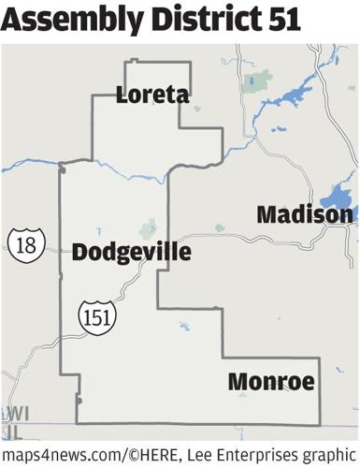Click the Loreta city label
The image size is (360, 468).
(152, 95)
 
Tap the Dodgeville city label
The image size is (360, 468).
(131, 252)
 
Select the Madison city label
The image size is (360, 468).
(305, 214)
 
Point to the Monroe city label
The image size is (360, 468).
(270, 382)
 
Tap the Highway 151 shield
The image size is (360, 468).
(96, 315)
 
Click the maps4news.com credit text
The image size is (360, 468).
(61, 454)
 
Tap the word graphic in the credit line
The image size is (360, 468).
(327, 454)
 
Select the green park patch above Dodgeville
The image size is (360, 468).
(148, 227)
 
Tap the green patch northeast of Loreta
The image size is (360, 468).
(250, 81)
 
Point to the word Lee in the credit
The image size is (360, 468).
(204, 454)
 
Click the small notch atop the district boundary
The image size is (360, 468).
(131, 62)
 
